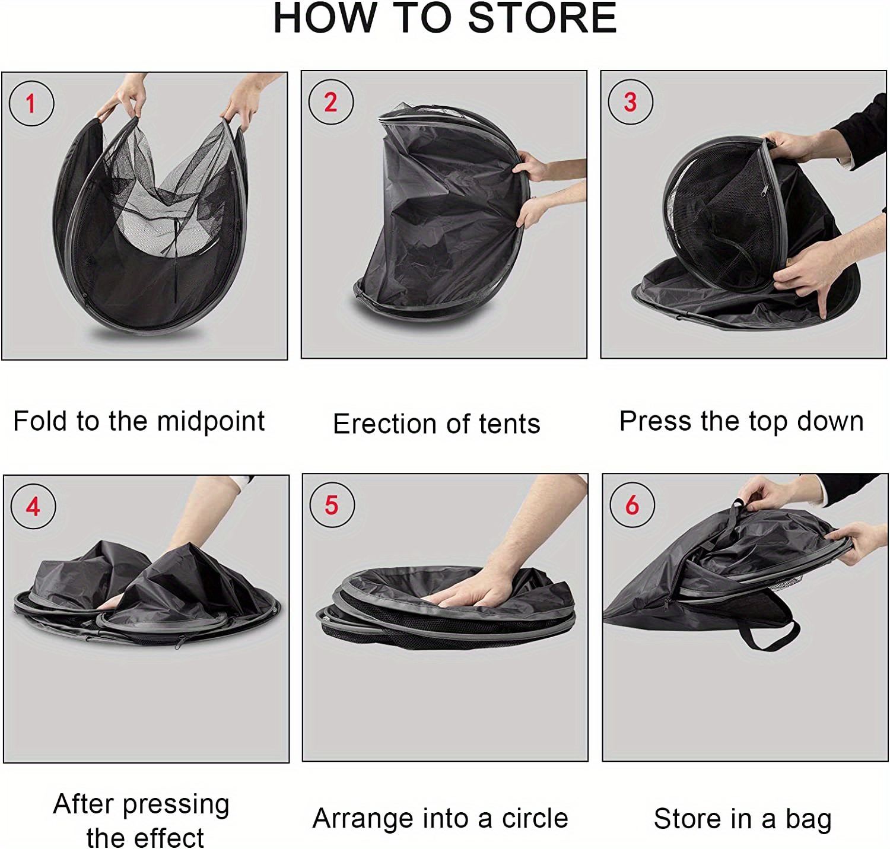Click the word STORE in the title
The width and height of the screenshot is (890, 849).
542,18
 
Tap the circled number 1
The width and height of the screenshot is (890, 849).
31,103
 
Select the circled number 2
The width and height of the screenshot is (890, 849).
330,102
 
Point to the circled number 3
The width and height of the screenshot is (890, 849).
630,102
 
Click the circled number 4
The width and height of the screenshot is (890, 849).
33,507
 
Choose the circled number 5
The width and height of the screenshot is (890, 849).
332,505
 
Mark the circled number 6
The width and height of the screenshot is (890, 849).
632,505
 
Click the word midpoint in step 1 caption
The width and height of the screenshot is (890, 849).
211,422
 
